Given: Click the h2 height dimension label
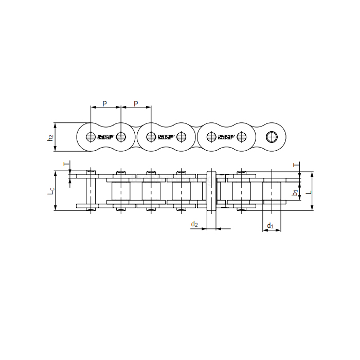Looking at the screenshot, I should (50, 138).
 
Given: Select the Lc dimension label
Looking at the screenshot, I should (50, 191).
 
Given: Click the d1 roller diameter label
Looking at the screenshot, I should (271, 225).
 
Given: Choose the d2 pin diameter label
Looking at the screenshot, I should (194, 224).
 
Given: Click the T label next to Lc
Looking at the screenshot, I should (65, 164).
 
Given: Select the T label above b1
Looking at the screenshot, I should (295, 165).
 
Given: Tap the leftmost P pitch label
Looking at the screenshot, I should (105, 103).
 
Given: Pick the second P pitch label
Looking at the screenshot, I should (136, 103).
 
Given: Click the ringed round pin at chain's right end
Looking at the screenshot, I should (271, 137).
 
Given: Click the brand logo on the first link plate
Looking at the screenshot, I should (105, 137).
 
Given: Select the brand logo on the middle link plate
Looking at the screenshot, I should (166, 137).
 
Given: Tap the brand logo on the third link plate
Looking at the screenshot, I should (226, 137).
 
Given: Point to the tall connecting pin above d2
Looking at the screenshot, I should (211, 191).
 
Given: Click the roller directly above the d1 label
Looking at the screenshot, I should (272, 191).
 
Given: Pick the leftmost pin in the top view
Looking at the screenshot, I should (91, 191).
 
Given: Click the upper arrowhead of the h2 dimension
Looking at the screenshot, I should (55, 125).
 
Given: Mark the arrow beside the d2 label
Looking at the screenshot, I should (203, 228).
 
